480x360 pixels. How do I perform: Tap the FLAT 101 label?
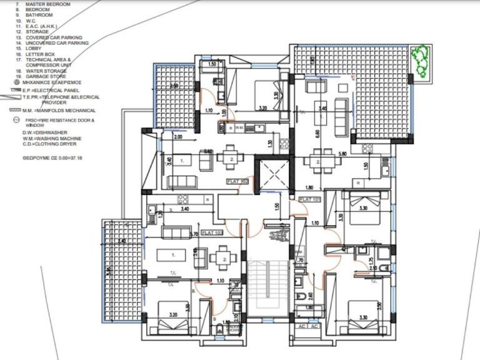309,199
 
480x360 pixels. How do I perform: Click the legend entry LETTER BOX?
41,54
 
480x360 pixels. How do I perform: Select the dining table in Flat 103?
221,257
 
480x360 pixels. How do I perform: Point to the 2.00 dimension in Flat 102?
178,136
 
